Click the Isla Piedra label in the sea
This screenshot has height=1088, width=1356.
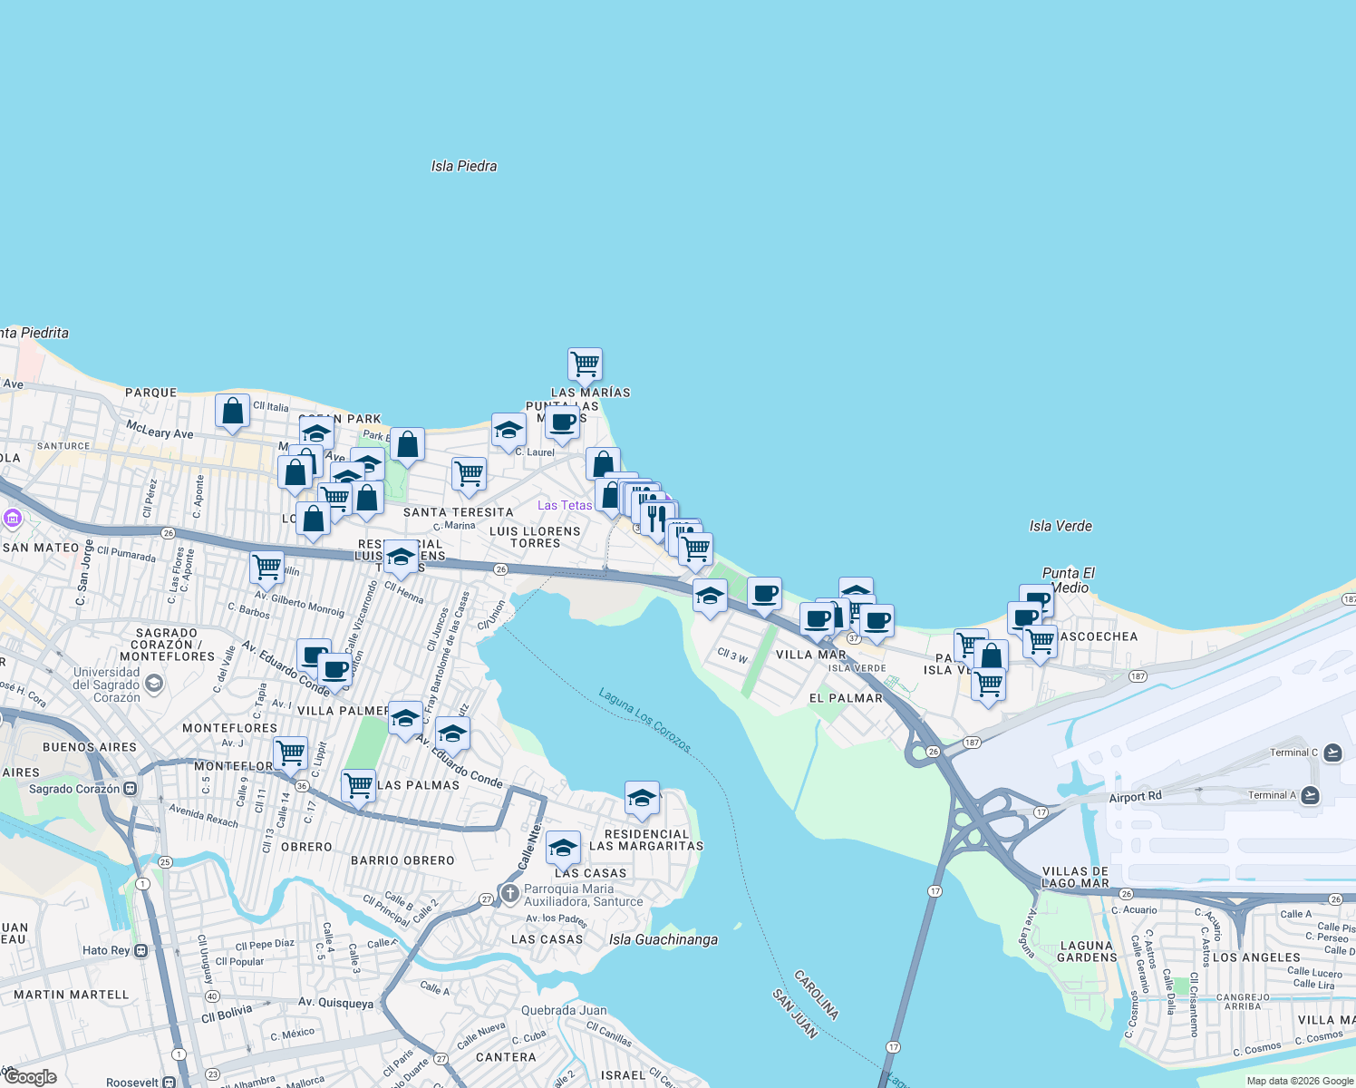(x=464, y=166)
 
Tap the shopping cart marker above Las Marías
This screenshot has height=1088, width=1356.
(x=586, y=364)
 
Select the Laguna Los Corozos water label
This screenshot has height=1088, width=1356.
(x=644, y=720)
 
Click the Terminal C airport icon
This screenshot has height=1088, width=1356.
(x=1332, y=753)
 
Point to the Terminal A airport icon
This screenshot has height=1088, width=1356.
(x=1310, y=795)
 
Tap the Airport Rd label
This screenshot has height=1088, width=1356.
(x=1135, y=797)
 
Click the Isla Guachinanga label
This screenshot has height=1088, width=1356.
(x=663, y=939)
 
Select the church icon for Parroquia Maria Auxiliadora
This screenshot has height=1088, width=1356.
(x=509, y=895)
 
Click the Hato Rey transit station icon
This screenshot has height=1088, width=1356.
(x=141, y=950)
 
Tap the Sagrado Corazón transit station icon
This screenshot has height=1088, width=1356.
(x=131, y=789)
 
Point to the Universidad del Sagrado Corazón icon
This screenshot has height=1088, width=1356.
(x=154, y=683)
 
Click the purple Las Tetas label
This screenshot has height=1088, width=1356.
(x=565, y=505)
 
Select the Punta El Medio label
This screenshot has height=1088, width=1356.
(x=1069, y=580)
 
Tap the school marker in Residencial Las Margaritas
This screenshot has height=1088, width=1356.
(x=642, y=799)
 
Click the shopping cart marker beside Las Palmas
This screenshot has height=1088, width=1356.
(x=358, y=785)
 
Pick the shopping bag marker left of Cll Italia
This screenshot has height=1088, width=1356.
(x=233, y=411)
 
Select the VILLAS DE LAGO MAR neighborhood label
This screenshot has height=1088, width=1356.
(x=1075, y=877)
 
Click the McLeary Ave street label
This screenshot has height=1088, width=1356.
(x=160, y=429)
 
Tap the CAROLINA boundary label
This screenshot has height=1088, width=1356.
(x=816, y=994)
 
